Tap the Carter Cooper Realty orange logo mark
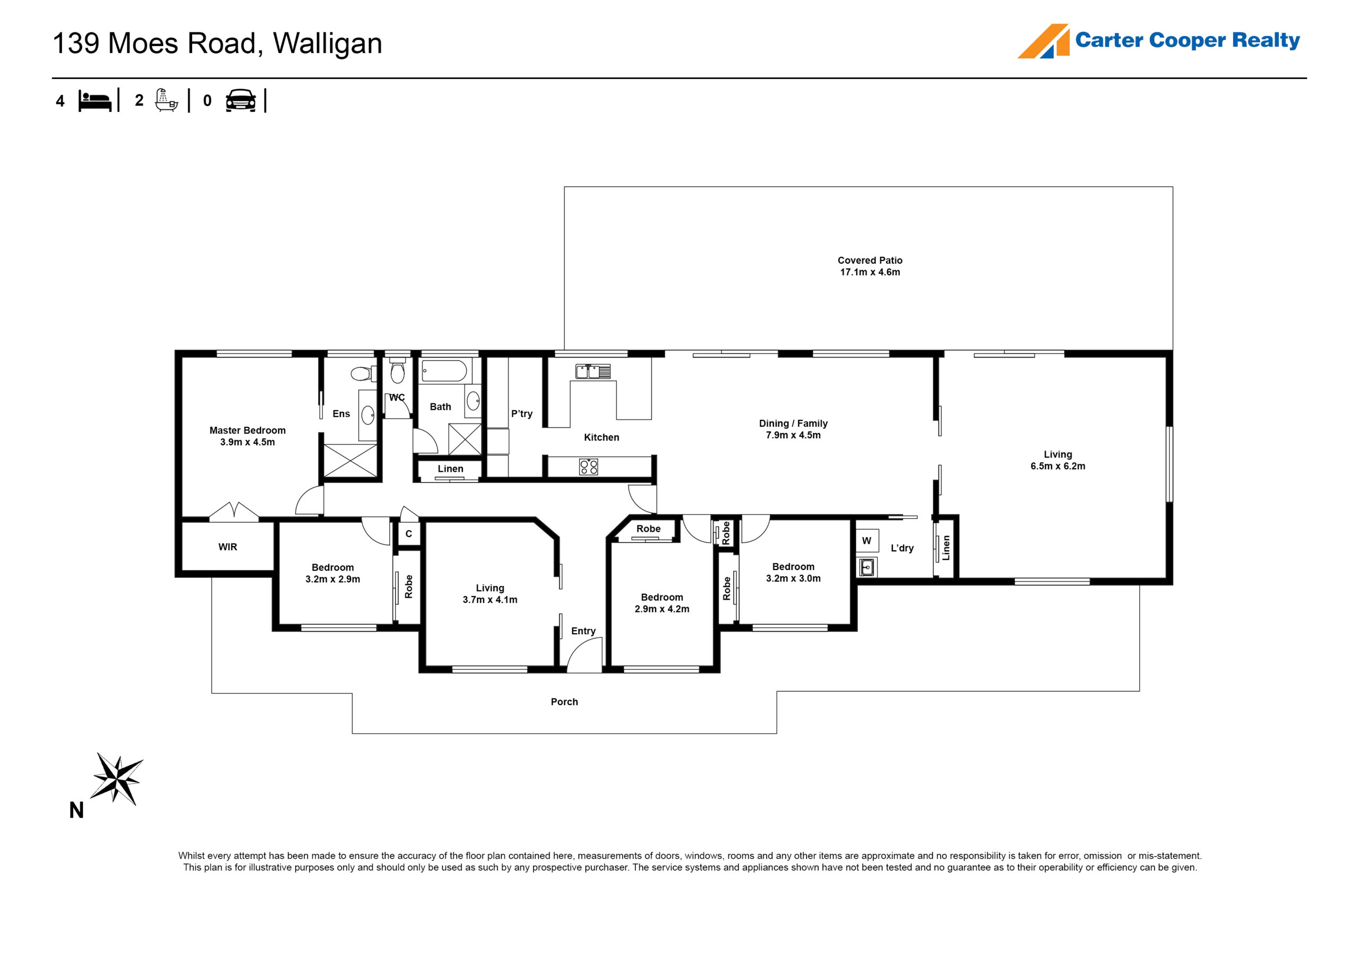[x=1044, y=41]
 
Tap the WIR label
[x=228, y=547]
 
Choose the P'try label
[x=521, y=414]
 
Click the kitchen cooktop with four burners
[x=588, y=467]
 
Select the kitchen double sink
[x=592, y=371]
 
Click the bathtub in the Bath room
[x=444, y=371]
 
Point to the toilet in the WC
[x=397, y=370]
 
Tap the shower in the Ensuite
[x=350, y=461]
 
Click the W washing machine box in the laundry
[x=866, y=540]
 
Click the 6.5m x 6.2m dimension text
[x=1057, y=466]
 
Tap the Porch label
[x=564, y=702]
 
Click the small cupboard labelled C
[x=408, y=534]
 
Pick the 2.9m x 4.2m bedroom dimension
[x=662, y=609]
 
